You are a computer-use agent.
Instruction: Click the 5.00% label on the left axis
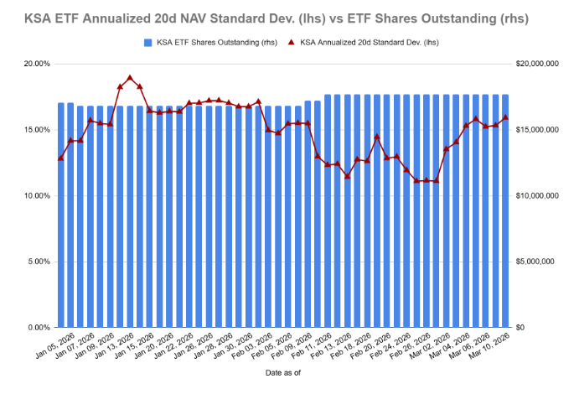[37, 262]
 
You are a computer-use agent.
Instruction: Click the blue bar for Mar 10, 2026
[505, 210]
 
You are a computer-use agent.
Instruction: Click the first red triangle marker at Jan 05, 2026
[60, 158]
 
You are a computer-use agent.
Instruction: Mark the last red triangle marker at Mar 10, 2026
[505, 117]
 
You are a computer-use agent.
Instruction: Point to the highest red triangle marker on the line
[130, 78]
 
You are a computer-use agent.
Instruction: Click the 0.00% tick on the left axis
[37, 327]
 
